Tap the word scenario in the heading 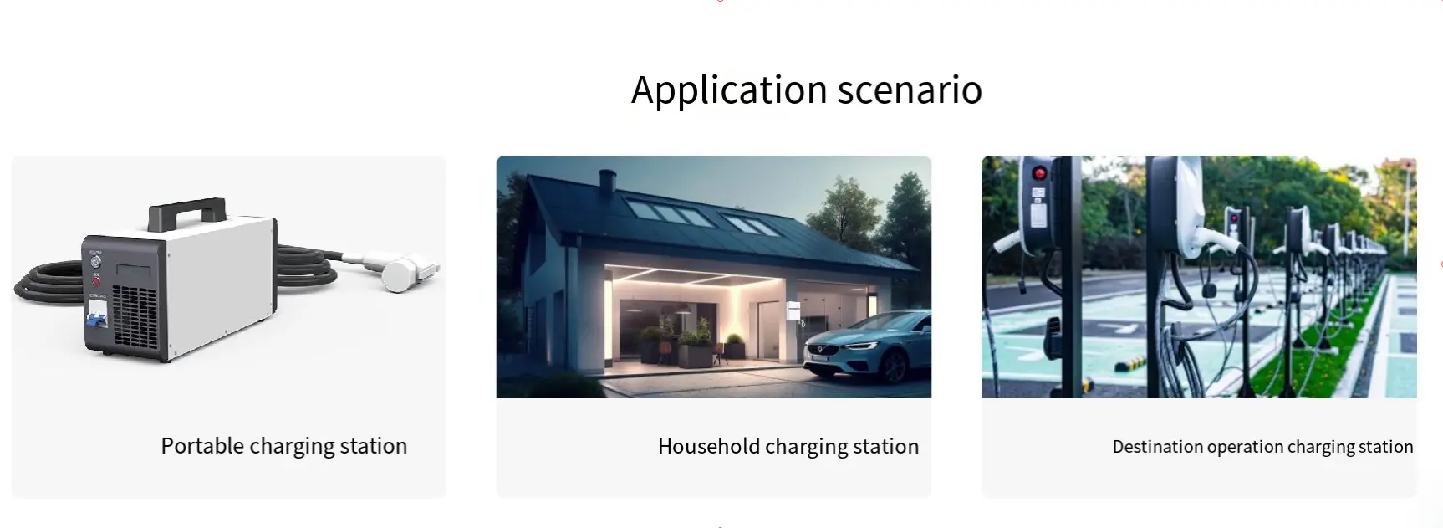tap(910, 90)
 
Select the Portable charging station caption tap(284, 446)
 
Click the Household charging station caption tap(788, 447)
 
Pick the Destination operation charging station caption tap(1262, 447)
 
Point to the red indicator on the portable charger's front tap(96, 282)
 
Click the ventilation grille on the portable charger tap(134, 317)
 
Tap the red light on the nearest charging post tap(1039, 174)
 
